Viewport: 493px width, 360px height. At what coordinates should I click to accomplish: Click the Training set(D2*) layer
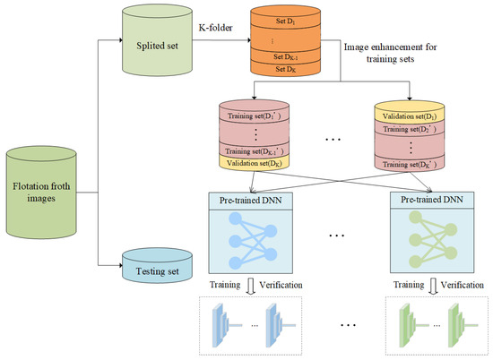[409, 131]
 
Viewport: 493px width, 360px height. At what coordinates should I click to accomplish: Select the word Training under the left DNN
[225, 286]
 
